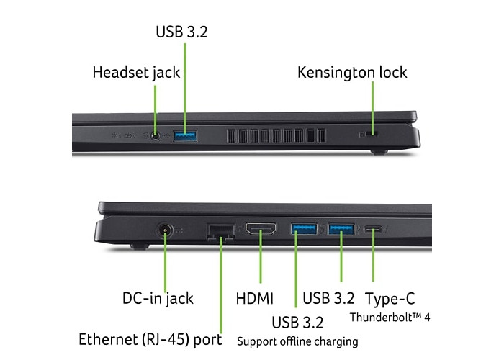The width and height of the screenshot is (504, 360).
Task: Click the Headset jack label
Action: click(x=136, y=72)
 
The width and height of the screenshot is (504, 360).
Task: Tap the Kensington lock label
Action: click(x=352, y=72)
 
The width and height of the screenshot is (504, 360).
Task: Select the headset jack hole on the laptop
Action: click(x=156, y=136)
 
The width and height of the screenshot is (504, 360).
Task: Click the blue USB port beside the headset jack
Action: click(x=186, y=136)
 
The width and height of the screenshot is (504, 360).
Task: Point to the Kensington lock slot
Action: click(x=372, y=134)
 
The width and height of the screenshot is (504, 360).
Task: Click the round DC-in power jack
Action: click(x=165, y=230)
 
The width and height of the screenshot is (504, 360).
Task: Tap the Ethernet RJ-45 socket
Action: click(x=221, y=232)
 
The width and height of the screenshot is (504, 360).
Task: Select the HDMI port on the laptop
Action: click(x=261, y=229)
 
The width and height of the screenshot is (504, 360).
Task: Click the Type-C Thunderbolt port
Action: click(x=373, y=230)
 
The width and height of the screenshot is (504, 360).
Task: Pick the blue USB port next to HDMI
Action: click(x=304, y=229)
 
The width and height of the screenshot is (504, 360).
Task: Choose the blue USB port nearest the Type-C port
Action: click(x=341, y=229)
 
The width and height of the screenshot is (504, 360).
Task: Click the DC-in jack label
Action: click(x=158, y=299)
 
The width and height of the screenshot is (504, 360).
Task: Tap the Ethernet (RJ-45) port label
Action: click(x=150, y=340)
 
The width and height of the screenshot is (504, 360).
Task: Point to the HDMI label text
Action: click(x=255, y=299)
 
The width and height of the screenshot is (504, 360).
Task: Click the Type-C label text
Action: click(x=390, y=299)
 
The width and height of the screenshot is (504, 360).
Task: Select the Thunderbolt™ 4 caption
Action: click(x=390, y=318)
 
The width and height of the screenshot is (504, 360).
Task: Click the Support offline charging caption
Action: click(x=297, y=342)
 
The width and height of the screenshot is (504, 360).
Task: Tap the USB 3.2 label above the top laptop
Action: click(x=181, y=32)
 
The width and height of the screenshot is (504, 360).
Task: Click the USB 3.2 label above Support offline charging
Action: click(x=297, y=323)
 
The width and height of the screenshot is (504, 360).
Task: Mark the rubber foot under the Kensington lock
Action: click(x=379, y=152)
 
